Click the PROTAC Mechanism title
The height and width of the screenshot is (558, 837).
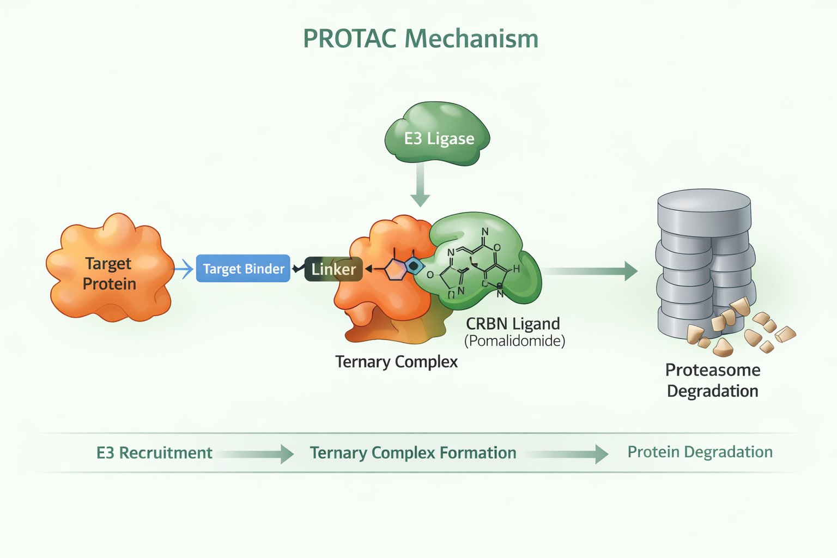420,39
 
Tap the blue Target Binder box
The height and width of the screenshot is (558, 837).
243,269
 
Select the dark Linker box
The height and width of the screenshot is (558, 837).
333,269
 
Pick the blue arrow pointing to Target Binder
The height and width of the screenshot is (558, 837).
184,269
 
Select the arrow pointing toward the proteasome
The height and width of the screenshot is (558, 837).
591,271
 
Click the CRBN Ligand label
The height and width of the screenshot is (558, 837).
513,324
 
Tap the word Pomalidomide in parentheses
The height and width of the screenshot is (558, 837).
514,341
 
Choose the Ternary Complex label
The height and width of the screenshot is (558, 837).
396,362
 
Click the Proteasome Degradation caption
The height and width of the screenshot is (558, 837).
712,380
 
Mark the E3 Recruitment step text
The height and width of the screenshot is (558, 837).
154,453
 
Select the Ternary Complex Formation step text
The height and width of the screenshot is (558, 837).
413,453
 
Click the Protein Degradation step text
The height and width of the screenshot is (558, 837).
700,452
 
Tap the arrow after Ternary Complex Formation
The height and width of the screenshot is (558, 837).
569,453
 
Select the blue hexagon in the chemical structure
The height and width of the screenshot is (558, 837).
414,265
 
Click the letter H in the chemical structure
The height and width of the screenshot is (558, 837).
515,269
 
